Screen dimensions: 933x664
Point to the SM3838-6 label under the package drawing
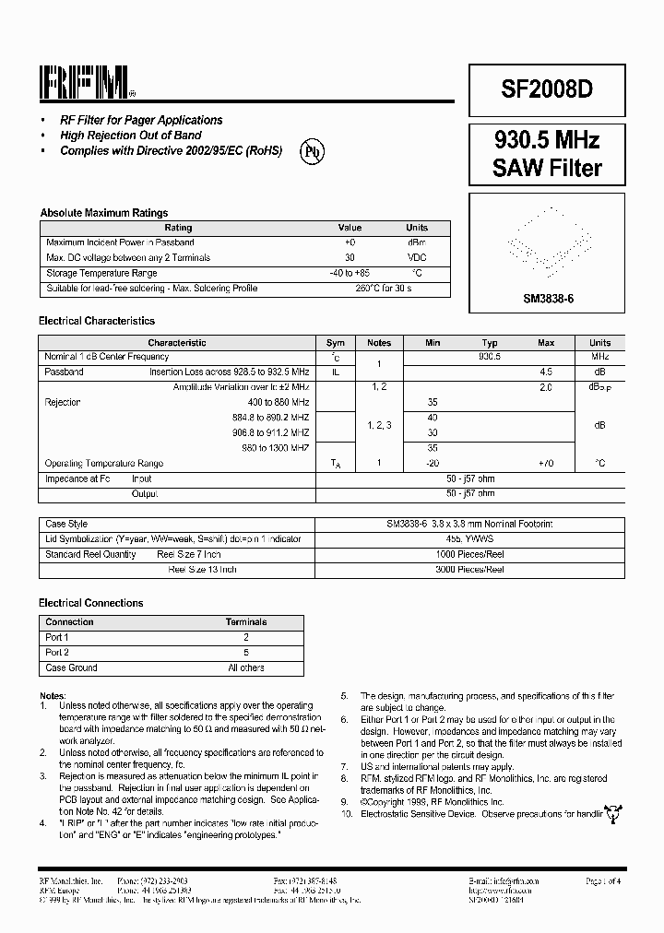(548, 300)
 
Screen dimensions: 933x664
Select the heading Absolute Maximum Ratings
(103, 213)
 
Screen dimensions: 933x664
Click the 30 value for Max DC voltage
(350, 258)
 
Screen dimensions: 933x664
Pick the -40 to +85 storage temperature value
(350, 273)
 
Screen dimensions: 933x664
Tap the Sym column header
(335, 342)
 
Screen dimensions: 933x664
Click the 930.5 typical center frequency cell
(489, 357)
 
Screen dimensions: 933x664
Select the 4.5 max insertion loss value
(546, 372)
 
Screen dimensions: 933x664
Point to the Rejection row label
(63, 402)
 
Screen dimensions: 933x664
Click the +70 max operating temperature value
(546, 463)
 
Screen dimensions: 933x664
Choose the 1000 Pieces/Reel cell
(470, 554)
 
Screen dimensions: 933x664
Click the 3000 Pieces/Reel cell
(470, 570)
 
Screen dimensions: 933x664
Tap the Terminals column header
(246, 622)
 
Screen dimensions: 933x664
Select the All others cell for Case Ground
(246, 667)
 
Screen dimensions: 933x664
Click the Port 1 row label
(57, 637)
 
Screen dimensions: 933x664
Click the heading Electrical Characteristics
(96, 321)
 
